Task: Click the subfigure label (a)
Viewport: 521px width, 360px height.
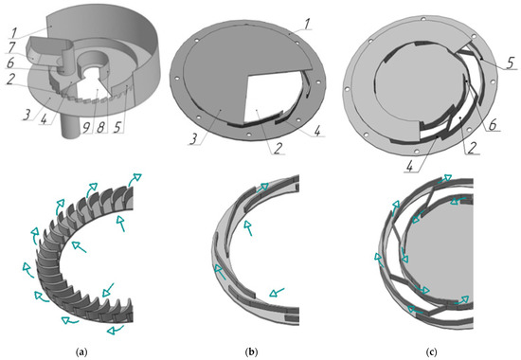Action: tap(81, 351)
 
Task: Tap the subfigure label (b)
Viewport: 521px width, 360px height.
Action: tap(251, 351)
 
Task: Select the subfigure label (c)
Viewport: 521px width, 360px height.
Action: tap(433, 351)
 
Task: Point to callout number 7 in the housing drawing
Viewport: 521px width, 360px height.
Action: tap(11, 47)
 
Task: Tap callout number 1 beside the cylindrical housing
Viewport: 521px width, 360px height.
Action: tap(13, 33)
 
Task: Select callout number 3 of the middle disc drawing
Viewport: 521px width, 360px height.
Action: tap(193, 139)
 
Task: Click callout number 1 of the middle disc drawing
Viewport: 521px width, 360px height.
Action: tap(307, 24)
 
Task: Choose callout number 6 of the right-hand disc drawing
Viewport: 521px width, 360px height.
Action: tap(493, 126)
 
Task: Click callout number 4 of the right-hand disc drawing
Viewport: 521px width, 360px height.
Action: tap(411, 166)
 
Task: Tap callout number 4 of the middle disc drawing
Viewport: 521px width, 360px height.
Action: tap(317, 132)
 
